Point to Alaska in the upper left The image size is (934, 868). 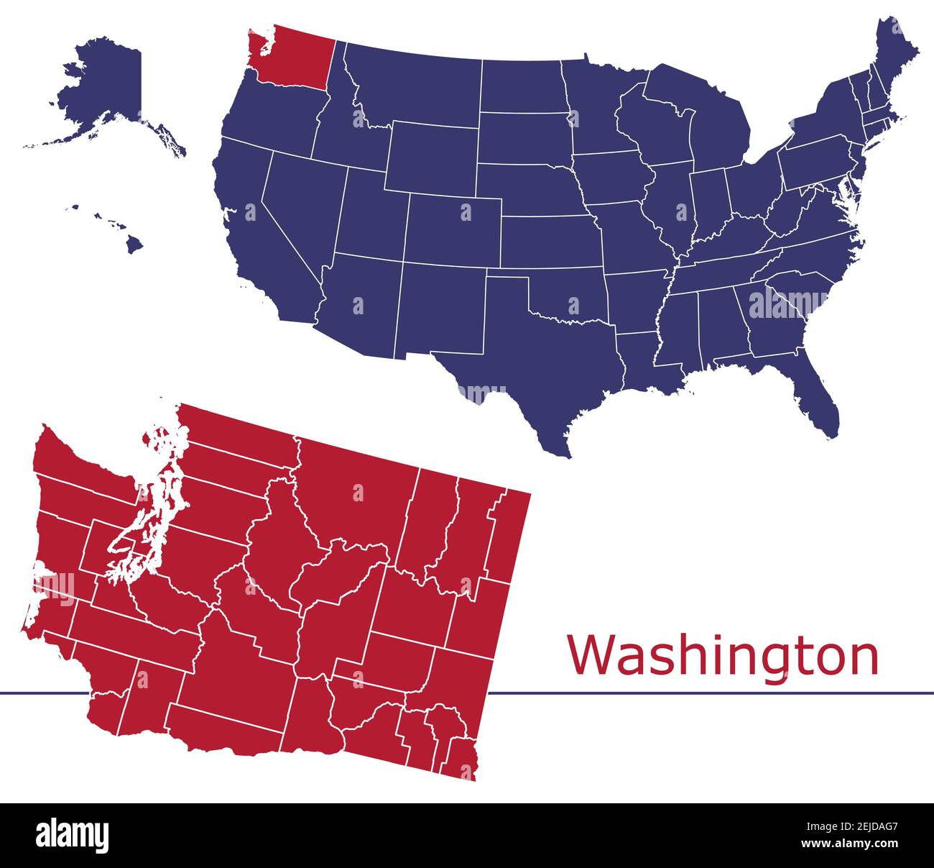pyautogui.click(x=108, y=86)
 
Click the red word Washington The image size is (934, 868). pyautogui.click(x=723, y=655)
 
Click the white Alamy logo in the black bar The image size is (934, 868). pyautogui.click(x=73, y=835)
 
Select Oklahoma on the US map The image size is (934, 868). pyautogui.click(x=568, y=295)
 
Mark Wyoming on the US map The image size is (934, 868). pyautogui.click(x=431, y=158)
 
